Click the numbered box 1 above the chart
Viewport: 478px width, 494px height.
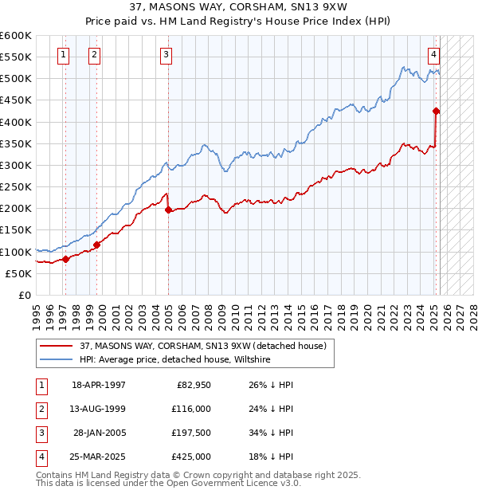click(63, 55)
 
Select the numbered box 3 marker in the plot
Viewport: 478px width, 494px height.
click(165, 55)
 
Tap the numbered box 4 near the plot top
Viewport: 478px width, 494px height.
click(433, 55)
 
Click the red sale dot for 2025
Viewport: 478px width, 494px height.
click(436, 111)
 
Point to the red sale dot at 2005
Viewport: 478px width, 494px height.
click(168, 210)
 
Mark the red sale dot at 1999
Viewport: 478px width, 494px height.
click(96, 245)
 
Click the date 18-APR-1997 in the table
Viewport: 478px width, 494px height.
click(98, 385)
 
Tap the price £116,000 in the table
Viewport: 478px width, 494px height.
click(191, 409)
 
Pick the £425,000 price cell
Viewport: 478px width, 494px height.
click(191, 457)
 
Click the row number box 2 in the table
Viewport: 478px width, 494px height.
click(41, 409)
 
